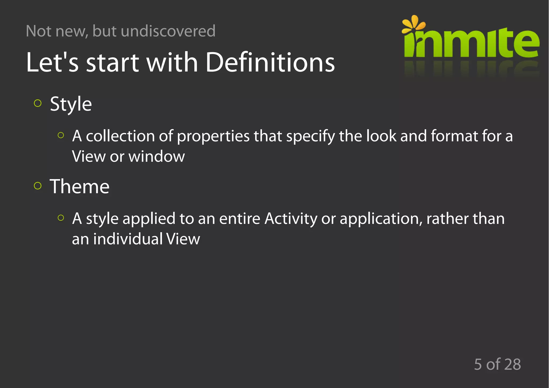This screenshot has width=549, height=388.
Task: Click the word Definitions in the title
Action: click(270, 62)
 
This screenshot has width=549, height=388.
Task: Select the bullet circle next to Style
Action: click(38, 103)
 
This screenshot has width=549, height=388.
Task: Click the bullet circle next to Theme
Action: click(38, 186)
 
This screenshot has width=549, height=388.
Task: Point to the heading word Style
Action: click(71, 104)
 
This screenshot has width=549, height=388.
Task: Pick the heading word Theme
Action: click(80, 186)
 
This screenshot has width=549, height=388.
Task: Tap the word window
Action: click(157, 156)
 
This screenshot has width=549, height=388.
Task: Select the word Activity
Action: click(291, 219)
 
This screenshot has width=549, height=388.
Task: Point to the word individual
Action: click(128, 239)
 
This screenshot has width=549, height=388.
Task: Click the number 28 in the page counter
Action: click(512, 364)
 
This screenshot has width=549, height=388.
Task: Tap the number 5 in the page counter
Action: click(478, 364)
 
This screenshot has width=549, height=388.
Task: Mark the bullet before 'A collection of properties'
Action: click(61, 135)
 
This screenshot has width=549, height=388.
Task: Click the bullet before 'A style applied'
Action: click(61, 218)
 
